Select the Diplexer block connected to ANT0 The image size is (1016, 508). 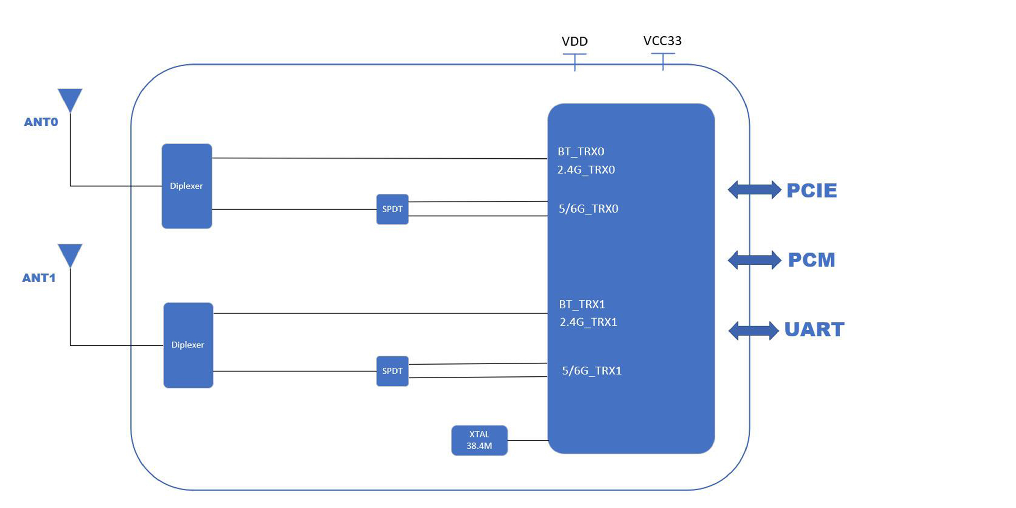(x=186, y=186)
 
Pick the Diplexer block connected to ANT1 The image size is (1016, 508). (x=188, y=345)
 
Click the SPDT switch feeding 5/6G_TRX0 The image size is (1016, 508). (x=392, y=209)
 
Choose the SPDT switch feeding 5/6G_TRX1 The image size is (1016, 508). (x=392, y=371)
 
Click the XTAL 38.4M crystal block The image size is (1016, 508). (x=479, y=440)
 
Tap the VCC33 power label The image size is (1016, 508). (x=662, y=41)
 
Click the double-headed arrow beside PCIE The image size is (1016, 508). (x=754, y=190)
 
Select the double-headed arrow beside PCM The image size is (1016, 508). (x=754, y=260)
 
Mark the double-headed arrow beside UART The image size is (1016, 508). (x=753, y=330)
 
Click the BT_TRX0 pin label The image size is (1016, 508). (x=581, y=151)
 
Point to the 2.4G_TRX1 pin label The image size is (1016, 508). (x=588, y=322)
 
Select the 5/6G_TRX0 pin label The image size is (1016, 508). (x=588, y=209)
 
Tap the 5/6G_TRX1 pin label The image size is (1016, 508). (x=591, y=371)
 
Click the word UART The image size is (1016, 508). (x=814, y=329)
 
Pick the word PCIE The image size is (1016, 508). (x=812, y=190)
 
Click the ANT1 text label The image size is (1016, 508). (x=39, y=278)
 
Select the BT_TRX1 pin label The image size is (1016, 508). (x=582, y=305)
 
